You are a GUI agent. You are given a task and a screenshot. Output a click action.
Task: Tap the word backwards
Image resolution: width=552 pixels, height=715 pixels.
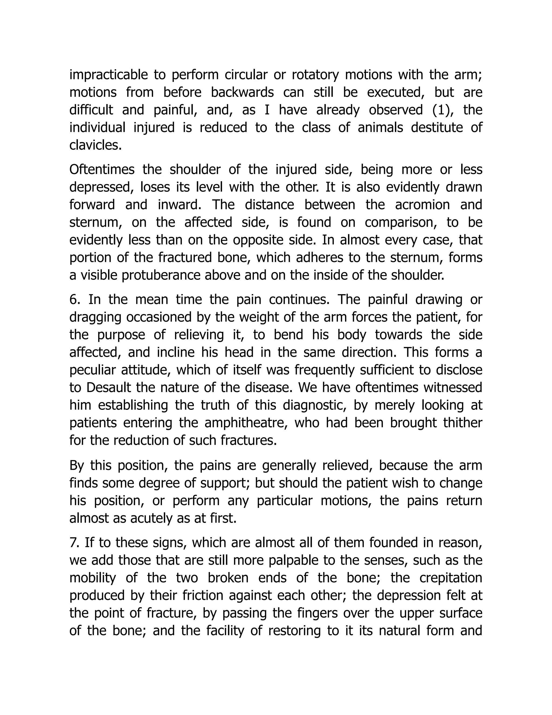[x=242, y=93]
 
